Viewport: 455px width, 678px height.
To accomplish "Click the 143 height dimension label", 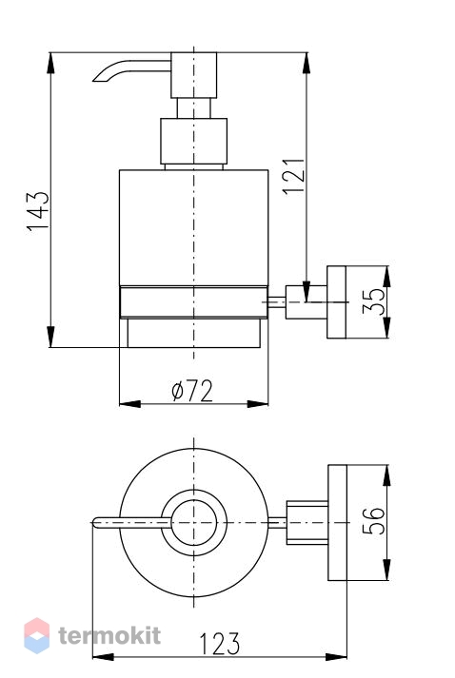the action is (38, 211).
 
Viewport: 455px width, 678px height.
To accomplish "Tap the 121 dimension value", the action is (294, 177).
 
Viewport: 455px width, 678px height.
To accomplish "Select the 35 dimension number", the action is (373, 301).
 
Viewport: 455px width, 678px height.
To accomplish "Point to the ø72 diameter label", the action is (192, 391).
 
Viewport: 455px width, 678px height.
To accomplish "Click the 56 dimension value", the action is (373, 521).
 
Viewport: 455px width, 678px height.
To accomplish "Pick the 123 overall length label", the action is (219, 645).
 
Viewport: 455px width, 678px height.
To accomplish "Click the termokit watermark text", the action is (109, 635).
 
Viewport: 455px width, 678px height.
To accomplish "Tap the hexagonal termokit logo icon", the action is (37, 635).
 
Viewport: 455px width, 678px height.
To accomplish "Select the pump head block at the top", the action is (193, 75).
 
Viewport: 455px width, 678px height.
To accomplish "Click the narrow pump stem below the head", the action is (193, 108).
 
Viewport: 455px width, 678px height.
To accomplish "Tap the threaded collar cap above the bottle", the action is (193, 142).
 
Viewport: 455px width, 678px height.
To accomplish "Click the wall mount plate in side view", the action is (336, 301).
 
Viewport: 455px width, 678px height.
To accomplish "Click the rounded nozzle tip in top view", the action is (96, 523).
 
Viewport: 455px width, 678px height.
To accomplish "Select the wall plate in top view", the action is (337, 523).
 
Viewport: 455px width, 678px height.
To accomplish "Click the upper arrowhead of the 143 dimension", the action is (50, 63).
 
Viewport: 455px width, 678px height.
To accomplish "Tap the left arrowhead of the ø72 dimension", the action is (129, 404).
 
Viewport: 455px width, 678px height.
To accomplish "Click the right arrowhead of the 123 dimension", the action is (336, 657).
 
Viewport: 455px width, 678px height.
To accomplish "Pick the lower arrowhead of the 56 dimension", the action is (386, 570).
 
